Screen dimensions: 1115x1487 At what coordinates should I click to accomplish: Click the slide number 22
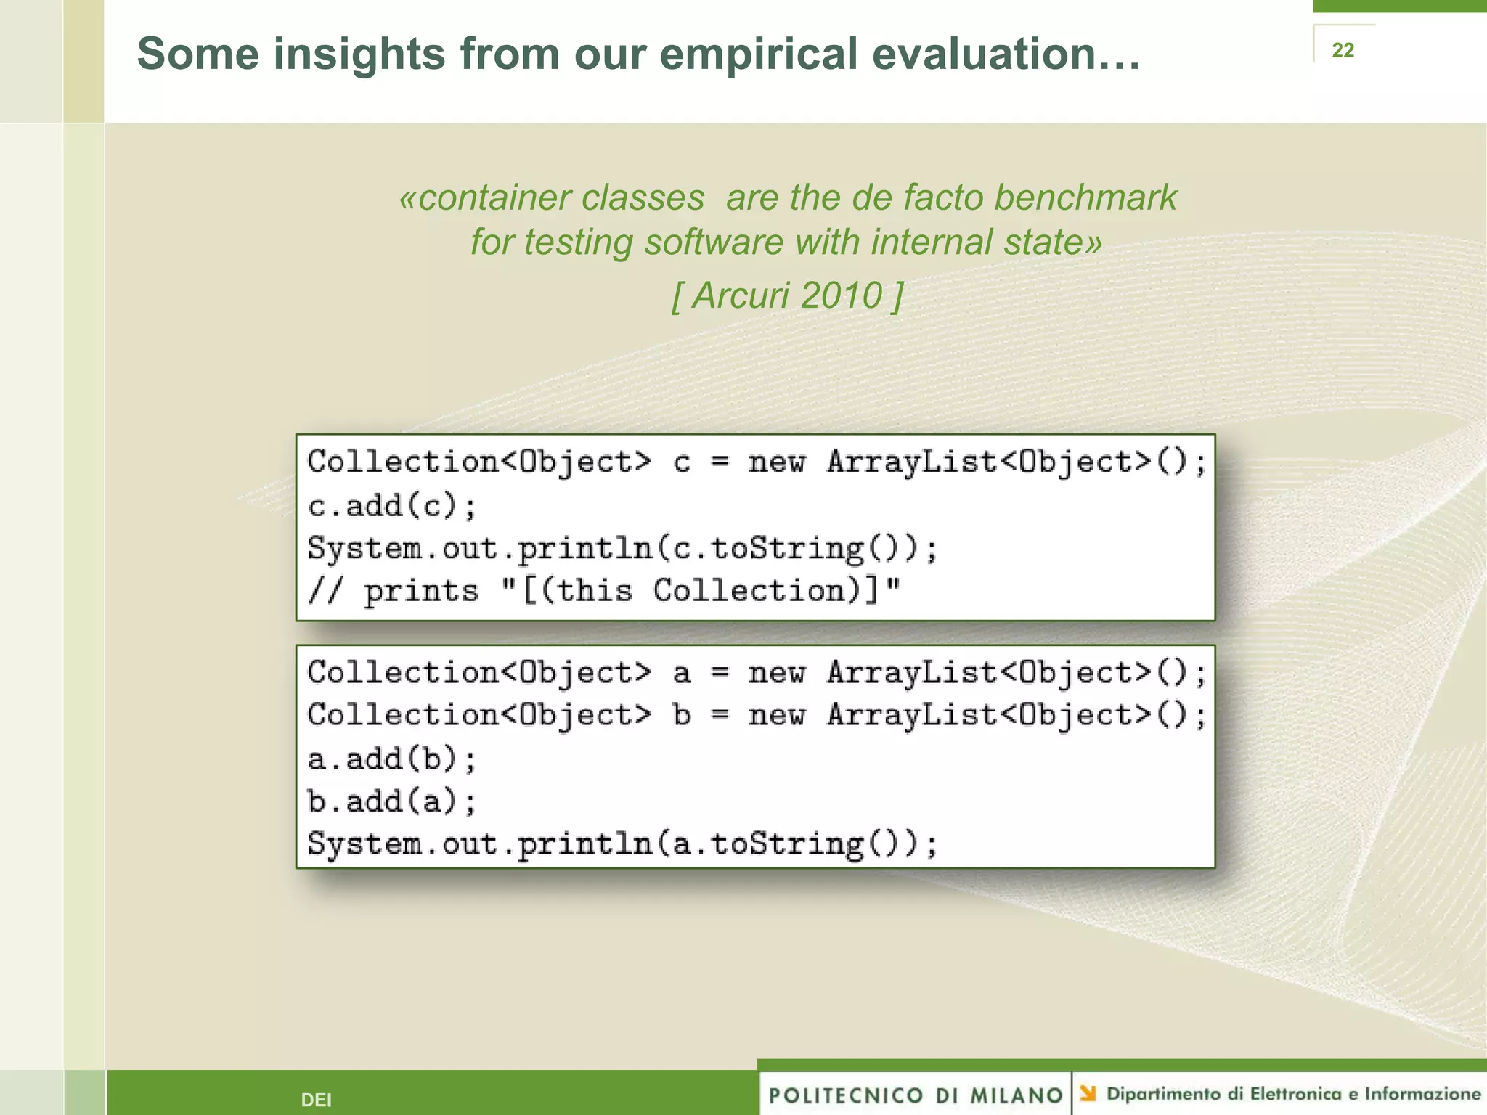coord(1343,50)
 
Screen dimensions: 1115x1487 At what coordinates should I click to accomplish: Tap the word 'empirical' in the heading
coord(758,54)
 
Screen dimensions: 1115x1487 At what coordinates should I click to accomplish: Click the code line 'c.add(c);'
coord(392,505)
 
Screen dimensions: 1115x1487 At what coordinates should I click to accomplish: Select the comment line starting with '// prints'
coord(603,590)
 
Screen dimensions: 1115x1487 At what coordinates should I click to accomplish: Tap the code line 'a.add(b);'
coord(392,759)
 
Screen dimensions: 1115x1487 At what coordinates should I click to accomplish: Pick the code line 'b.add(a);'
coord(392,801)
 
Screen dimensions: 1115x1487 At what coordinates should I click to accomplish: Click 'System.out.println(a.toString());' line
coord(622,844)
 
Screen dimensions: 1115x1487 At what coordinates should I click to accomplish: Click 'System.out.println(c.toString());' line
coord(622,548)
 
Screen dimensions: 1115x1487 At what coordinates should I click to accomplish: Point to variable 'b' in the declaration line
coord(681,715)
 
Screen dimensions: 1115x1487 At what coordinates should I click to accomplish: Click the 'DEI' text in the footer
coord(316,1100)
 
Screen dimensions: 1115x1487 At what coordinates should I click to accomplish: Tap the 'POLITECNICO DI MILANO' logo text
coord(916,1095)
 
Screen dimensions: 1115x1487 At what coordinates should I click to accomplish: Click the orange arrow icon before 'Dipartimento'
coord(1088,1092)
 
